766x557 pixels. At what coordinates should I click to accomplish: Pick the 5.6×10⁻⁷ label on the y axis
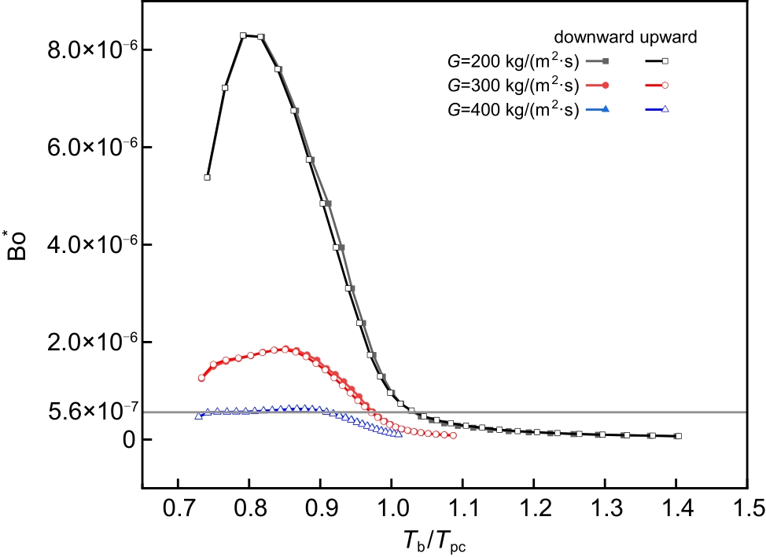coord(82,412)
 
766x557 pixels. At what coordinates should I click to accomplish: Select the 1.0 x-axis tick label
coord(392,508)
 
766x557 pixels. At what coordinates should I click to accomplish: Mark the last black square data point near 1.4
coord(678,436)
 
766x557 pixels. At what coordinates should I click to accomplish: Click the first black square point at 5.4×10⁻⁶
coord(207,177)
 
